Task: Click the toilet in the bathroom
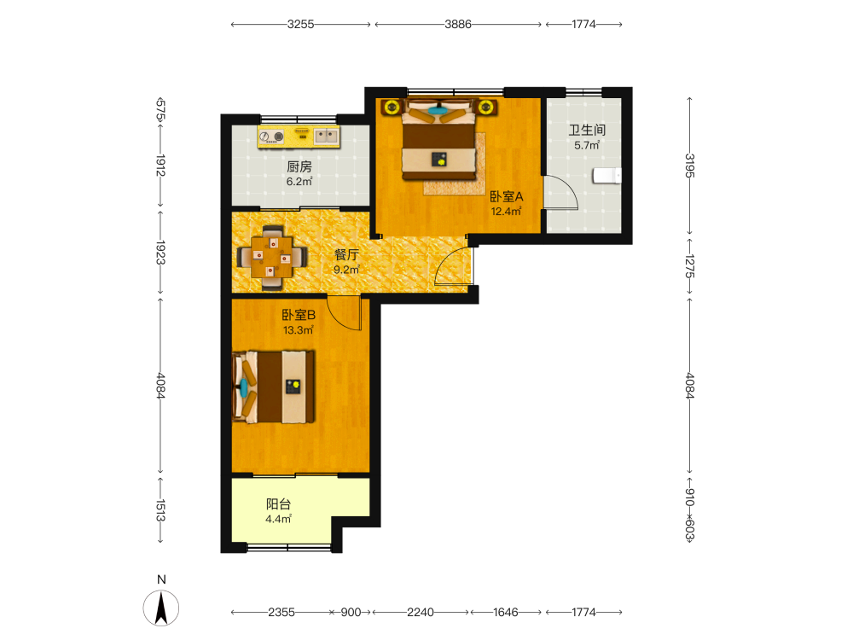[607, 176]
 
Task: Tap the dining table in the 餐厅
[272, 257]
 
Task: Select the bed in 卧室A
[438, 139]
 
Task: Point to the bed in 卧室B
[274, 387]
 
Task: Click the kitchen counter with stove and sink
[299, 137]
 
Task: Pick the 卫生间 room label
[587, 130]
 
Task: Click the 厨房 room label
[299, 166]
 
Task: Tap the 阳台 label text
[278, 504]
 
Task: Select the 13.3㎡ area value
[298, 329]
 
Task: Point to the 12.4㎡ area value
[507, 211]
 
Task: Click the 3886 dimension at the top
[457, 24]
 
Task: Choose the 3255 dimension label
[301, 24]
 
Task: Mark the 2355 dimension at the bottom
[281, 612]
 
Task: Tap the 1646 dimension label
[505, 612]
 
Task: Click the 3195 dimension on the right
[689, 166]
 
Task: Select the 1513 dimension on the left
[160, 510]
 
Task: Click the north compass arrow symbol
[161, 608]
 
